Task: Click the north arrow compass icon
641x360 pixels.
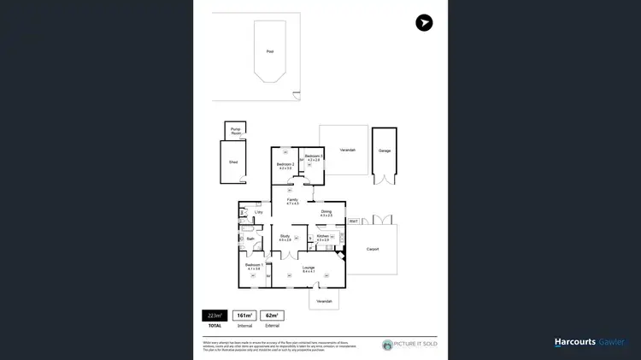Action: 424,23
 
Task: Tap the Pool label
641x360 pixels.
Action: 270,51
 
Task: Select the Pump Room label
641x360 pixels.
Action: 235,132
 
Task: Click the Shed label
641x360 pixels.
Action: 232,161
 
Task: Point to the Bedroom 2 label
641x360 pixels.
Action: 285,164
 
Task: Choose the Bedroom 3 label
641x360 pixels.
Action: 314,156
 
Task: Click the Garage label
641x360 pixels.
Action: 384,150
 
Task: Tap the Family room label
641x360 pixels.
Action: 292,200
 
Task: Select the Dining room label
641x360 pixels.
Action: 326,211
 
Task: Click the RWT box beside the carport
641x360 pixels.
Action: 353,221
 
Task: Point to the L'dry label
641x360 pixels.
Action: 258,212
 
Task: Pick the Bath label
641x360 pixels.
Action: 251,239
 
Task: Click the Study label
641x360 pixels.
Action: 285,236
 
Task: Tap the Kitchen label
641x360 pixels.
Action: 323,236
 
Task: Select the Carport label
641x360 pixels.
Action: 372,249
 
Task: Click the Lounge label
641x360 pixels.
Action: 309,268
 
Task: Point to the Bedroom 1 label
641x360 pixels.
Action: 253,265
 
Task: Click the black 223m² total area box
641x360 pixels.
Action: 214,315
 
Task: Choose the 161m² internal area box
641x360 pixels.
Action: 244,315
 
